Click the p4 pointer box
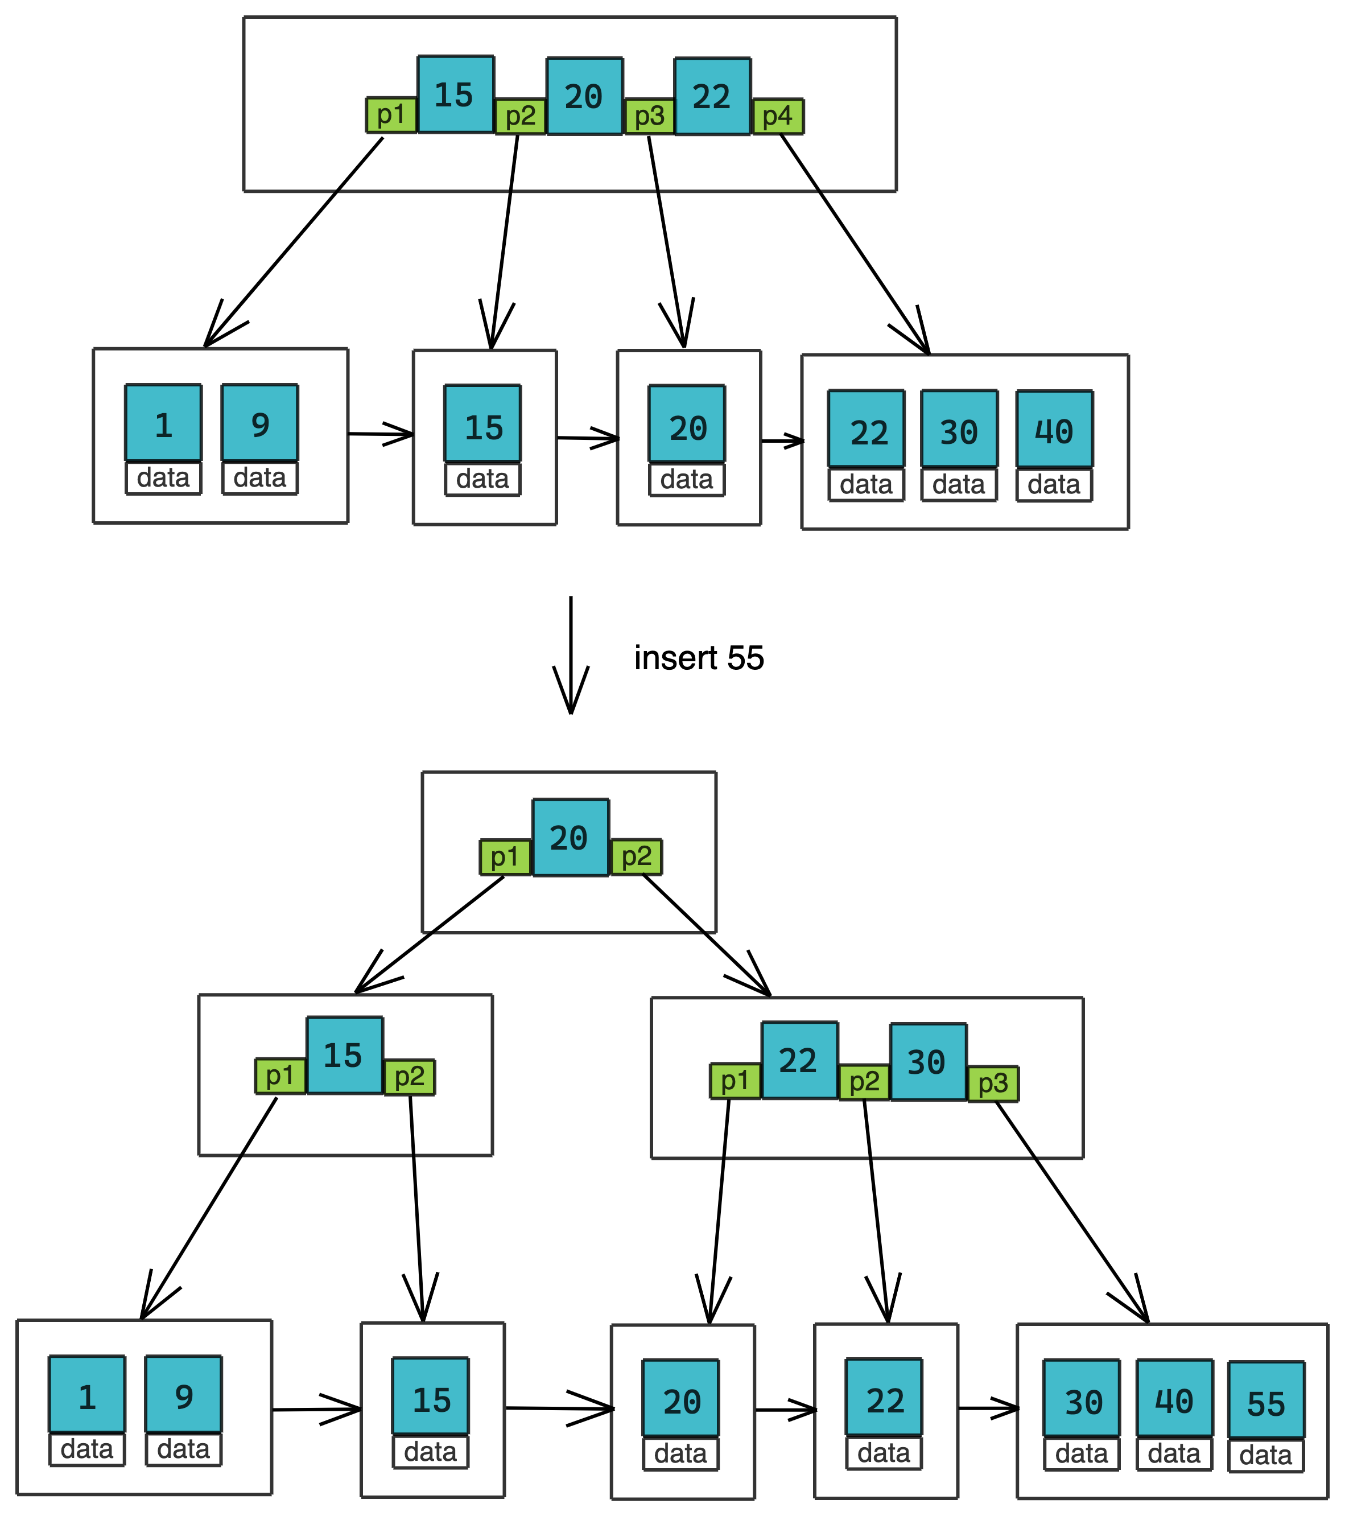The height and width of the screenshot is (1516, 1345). point(778,117)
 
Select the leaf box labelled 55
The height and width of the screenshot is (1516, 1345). point(1266,1399)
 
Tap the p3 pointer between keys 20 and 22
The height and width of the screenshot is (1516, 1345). point(650,117)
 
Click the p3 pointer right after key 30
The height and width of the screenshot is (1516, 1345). point(993,1084)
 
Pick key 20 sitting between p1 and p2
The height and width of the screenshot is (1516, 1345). point(570,837)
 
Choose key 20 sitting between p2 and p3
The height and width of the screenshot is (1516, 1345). point(584,96)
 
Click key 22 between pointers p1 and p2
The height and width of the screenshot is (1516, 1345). point(799,1061)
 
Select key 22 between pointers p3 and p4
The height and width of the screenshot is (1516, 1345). point(712,96)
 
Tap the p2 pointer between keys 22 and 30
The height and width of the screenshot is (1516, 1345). point(864,1082)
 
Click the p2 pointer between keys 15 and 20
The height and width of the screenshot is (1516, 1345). point(520,117)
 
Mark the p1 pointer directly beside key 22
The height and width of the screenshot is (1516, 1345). point(735,1081)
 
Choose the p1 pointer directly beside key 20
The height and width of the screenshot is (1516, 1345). point(505,858)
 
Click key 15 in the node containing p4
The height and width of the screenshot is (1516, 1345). point(455,94)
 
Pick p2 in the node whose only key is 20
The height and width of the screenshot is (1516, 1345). point(636,856)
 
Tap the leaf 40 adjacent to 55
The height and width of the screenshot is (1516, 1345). point(1174,1398)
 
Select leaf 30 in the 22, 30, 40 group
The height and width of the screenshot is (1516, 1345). point(959,429)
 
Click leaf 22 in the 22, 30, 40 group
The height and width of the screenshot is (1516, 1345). point(866,429)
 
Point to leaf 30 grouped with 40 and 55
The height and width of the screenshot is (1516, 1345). point(1081,1398)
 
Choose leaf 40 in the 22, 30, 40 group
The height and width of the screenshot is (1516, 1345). point(1054,429)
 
